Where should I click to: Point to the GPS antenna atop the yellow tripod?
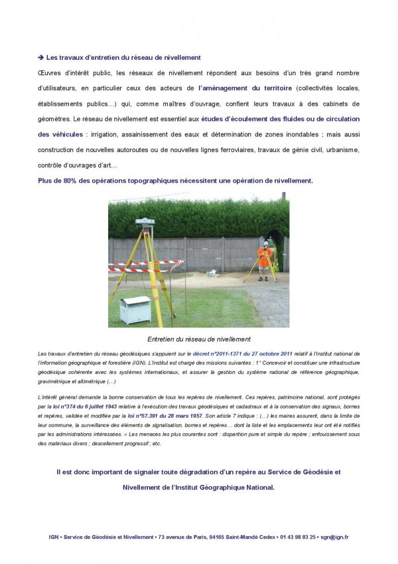pos(145,222)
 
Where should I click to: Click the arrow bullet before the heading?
pos(40,58)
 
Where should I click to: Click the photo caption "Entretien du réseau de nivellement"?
pos(198,339)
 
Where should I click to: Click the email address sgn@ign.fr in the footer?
pos(334,537)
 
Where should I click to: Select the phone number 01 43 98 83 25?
pos(298,537)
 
